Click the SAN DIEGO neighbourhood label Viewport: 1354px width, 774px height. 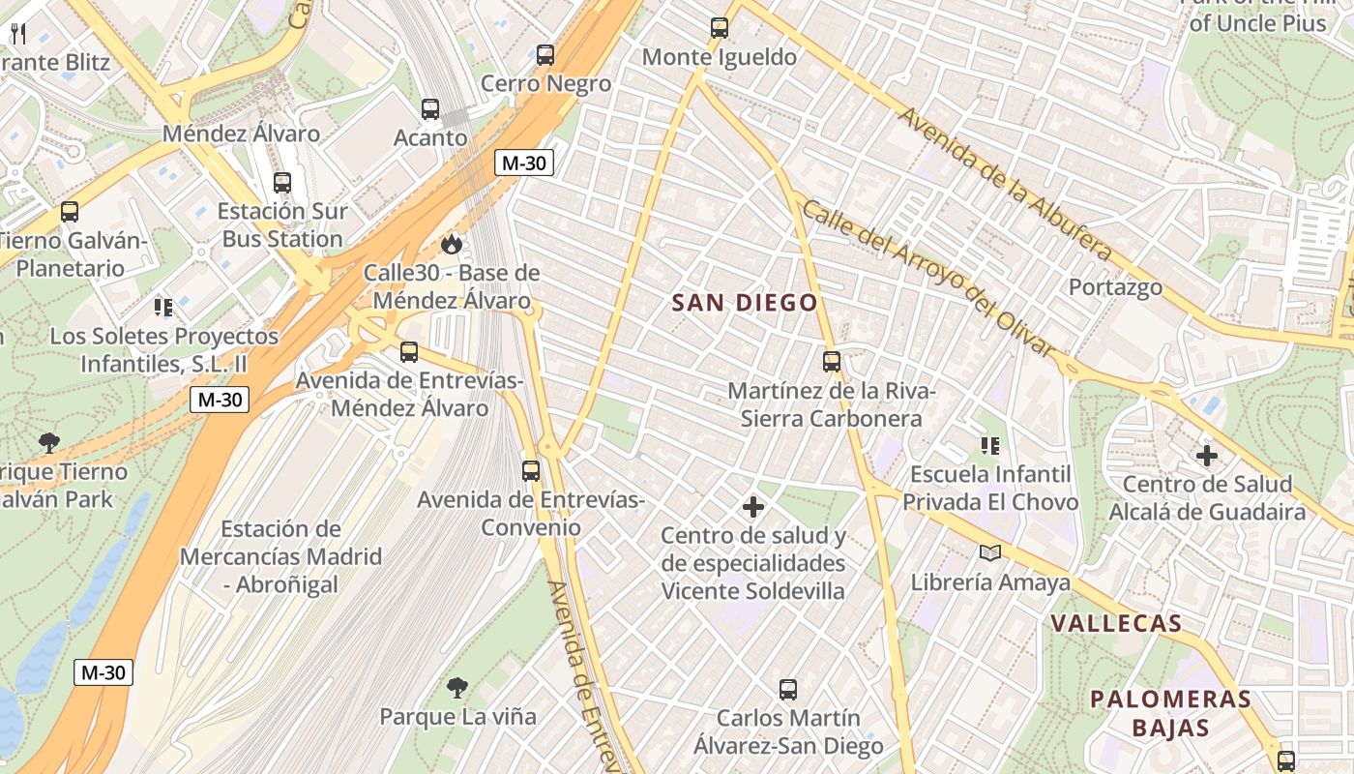[745, 303]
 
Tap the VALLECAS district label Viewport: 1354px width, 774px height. [1116, 623]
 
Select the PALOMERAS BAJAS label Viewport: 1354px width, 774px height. [1170, 713]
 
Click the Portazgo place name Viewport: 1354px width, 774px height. [1115, 287]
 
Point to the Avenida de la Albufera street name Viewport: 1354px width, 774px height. [1006, 184]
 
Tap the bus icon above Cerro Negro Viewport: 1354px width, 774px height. [545, 55]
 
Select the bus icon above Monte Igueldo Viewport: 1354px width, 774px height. [720, 28]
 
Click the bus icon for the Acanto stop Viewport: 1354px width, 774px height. [430, 109]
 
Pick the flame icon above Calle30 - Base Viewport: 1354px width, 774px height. [452, 244]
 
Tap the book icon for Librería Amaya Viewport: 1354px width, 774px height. [990, 553]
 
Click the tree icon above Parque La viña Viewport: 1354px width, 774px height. [457, 688]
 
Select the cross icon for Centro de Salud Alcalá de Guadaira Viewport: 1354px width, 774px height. [1207, 456]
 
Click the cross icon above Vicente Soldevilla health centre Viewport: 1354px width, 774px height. [753, 507]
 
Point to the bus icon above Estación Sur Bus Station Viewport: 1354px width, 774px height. [281, 182]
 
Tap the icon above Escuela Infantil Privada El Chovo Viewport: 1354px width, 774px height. [990, 446]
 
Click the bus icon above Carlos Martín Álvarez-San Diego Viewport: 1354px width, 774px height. [788, 690]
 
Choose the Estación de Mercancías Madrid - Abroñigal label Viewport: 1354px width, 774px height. [280, 557]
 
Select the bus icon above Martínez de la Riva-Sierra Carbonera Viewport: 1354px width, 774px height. [832, 362]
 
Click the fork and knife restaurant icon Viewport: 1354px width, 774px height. [17, 34]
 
